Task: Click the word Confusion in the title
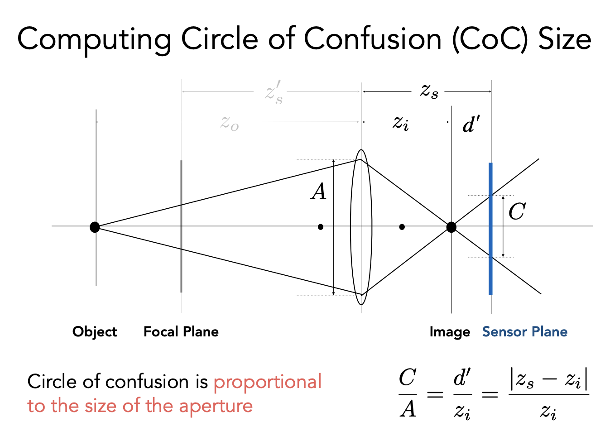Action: [372, 38]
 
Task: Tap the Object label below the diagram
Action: [95, 332]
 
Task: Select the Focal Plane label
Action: [181, 332]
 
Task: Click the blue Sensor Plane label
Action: [524, 332]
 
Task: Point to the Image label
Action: [450, 332]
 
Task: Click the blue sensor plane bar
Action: [490, 272]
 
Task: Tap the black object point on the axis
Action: [95, 227]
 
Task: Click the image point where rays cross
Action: [451, 227]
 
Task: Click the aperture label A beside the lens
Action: [319, 192]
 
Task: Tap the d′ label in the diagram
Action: [471, 124]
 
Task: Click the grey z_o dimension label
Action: [230, 123]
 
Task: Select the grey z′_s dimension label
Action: [274, 92]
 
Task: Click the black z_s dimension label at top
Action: [429, 91]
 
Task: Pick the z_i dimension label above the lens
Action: [400, 122]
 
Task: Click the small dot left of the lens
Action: [321, 227]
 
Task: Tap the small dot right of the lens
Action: [402, 227]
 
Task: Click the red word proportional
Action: [267, 382]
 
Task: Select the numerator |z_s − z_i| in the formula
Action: [549, 379]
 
